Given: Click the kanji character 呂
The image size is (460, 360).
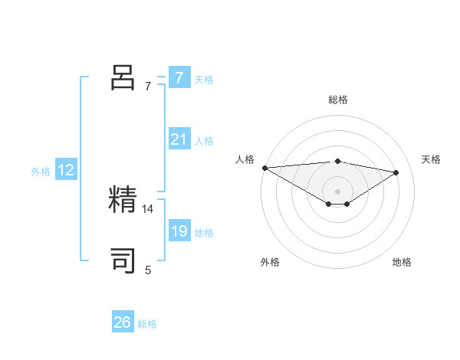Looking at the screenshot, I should tap(123, 78).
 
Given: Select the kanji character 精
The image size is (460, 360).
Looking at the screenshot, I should tap(123, 200).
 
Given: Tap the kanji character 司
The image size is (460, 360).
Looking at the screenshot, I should tap(123, 261).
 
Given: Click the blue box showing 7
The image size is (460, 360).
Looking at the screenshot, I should tap(179, 78).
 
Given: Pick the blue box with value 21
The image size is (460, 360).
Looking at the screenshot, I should tap(179, 140).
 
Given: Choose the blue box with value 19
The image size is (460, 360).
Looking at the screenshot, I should tap(179, 232).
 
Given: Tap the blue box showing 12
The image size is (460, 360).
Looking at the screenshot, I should tap(66, 171).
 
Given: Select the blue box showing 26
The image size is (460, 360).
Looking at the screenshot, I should tap(122, 322).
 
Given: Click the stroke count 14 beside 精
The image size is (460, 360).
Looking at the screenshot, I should tap(148, 208).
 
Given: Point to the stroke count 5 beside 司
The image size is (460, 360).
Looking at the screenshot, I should tap(148, 270).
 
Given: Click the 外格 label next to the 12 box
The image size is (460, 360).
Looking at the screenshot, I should tap(41, 172).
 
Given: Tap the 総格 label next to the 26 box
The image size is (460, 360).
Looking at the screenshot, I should tap(147, 324).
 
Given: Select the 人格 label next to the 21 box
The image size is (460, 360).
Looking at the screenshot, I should tap(204, 141).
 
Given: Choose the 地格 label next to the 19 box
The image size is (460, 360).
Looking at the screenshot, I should tap(204, 233).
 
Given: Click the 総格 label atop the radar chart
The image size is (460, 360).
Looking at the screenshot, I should tap(337, 100).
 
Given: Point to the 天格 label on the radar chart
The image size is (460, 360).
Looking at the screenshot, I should tap(431, 159).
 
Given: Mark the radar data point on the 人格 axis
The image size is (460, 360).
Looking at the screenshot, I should tap(264, 167).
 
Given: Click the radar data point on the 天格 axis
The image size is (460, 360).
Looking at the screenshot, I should tap(396, 172).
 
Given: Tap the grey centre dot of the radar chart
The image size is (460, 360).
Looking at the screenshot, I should tap(337, 191).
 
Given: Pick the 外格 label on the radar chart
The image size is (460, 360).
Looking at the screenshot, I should tap(270, 263).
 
